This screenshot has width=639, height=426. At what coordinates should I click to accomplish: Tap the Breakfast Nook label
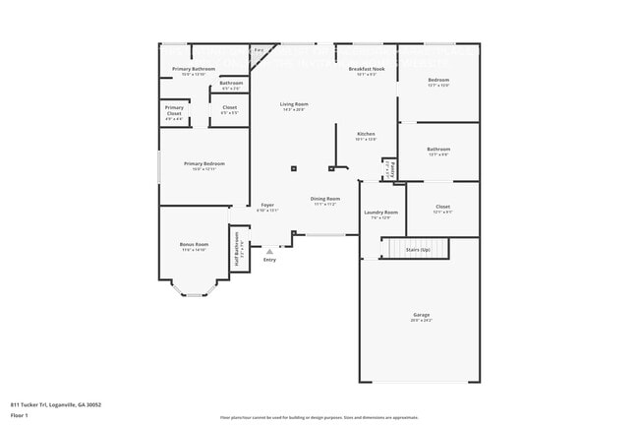pos(365,69)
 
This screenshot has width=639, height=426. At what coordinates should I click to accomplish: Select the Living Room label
pos(294,104)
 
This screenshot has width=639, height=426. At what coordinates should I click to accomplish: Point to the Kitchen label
pos(366,134)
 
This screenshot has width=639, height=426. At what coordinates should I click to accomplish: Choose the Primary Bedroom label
pos(203,163)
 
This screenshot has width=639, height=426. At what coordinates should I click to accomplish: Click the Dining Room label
pos(324,200)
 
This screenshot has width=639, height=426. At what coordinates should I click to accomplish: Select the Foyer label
pos(267,206)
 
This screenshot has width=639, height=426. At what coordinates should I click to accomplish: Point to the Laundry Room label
pos(380,213)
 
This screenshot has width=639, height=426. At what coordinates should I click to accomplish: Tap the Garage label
pos(421,315)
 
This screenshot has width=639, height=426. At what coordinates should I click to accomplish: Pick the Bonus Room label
pos(194,244)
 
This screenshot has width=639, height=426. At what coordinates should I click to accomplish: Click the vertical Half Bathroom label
pos(237,249)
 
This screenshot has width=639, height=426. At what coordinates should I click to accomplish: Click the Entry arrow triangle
pos(269,251)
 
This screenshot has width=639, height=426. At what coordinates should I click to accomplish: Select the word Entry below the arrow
pos(269,260)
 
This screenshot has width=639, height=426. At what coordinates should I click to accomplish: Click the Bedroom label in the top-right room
pos(437,81)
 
